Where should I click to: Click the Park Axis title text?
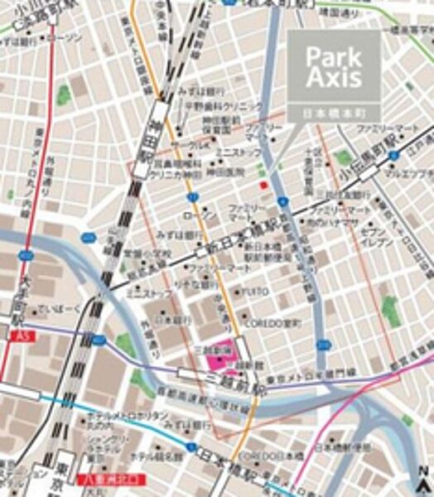(334, 67)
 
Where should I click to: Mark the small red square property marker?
(263, 184)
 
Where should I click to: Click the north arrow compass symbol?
(422, 481)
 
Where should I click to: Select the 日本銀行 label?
(166, 319)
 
